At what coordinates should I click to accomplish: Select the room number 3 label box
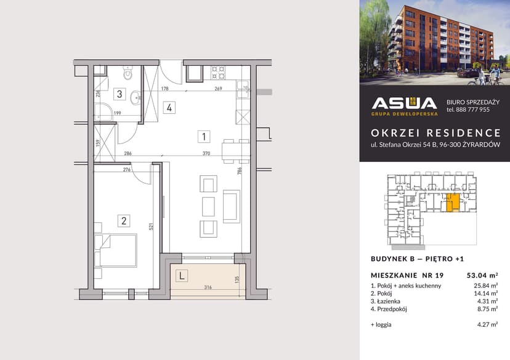tap(121, 94)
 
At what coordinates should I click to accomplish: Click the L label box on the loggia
tap(182, 276)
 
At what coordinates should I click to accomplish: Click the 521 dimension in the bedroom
tap(152, 226)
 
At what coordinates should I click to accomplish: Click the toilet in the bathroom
tap(128, 74)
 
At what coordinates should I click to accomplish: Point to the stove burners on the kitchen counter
tap(217, 73)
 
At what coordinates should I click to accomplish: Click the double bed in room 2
tap(116, 250)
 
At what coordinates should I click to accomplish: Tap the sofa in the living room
tap(232, 206)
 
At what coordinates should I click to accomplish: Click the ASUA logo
tap(405, 105)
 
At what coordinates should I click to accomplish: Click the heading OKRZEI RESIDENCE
tap(435, 133)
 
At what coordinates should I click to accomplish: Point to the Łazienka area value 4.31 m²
tap(487, 302)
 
